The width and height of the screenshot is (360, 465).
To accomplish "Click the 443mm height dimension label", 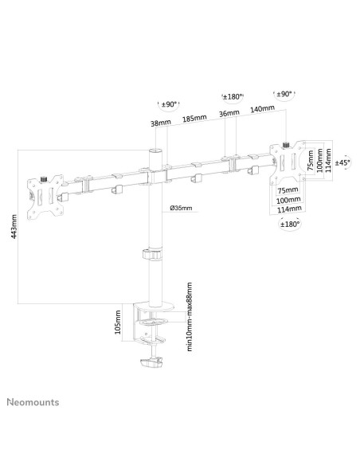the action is [x=14, y=226].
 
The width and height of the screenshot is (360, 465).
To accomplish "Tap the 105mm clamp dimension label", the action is [x=118, y=322].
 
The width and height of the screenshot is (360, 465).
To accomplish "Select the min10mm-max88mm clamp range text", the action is [x=190, y=317].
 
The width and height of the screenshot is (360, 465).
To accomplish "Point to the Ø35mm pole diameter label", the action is [x=181, y=208].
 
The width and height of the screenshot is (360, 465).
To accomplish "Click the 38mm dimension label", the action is [x=161, y=123].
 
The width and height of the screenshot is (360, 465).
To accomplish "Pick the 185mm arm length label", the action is [x=194, y=119].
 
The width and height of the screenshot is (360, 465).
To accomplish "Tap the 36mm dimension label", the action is [x=229, y=113].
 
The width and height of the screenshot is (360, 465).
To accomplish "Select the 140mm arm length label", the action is [x=263, y=109].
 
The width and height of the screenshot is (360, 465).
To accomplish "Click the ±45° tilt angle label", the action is [x=342, y=162].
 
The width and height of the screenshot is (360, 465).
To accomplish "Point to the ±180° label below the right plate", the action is [x=290, y=224].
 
